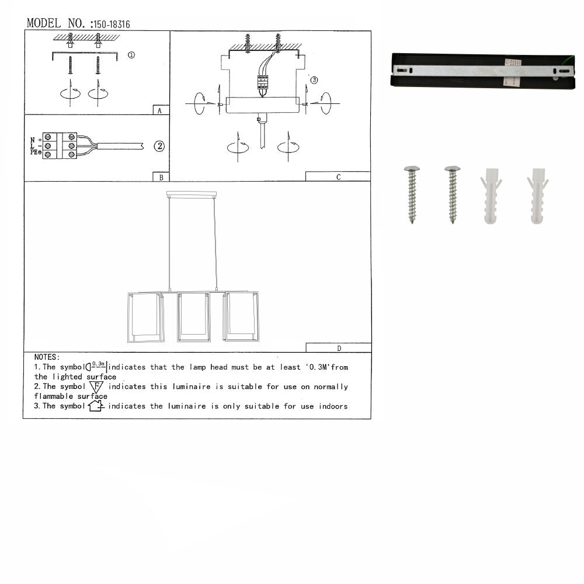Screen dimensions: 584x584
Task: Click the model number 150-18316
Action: tap(111, 25)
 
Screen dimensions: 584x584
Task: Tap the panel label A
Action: tap(160, 110)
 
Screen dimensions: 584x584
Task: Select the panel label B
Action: tap(160, 177)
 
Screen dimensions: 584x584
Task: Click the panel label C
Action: tap(338, 177)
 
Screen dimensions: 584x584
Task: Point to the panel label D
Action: tap(339, 349)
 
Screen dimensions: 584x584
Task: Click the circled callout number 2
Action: tap(159, 147)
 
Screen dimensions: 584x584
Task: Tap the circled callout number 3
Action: tap(314, 80)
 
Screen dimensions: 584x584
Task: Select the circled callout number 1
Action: tap(131, 55)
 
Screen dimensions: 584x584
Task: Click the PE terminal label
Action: tap(34, 152)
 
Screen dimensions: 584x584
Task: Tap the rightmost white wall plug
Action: tap(537, 196)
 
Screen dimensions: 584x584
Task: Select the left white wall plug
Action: tap(491, 196)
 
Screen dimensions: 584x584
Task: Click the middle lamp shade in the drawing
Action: tap(194, 317)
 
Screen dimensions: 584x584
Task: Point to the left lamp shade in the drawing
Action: tap(145, 317)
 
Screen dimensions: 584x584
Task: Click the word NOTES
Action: tap(47, 357)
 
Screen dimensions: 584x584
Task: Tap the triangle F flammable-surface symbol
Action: tap(96, 387)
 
